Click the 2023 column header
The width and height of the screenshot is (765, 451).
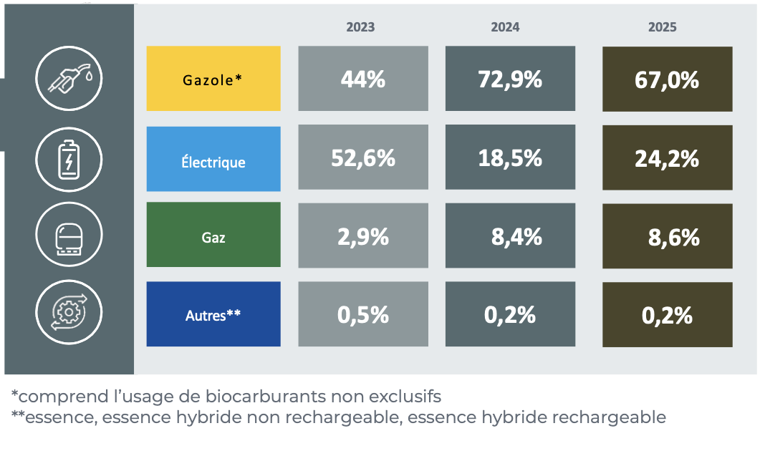click(x=360, y=27)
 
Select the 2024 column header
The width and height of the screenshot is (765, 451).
click(x=505, y=27)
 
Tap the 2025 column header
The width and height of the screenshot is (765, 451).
click(x=662, y=27)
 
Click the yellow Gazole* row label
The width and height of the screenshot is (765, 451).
click(x=213, y=79)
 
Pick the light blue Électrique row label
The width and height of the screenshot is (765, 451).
click(x=213, y=160)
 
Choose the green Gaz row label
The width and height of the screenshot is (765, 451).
click(x=213, y=235)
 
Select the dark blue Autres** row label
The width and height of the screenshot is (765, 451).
click(x=213, y=314)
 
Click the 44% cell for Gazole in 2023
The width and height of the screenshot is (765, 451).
click(x=363, y=79)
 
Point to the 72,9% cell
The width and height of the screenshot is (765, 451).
click(x=510, y=79)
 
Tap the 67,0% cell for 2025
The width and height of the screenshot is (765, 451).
click(x=667, y=79)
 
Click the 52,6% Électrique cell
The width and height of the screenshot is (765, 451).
click(x=363, y=158)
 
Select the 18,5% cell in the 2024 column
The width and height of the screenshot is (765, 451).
click(x=510, y=158)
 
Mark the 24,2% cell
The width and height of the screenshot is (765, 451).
click(x=667, y=158)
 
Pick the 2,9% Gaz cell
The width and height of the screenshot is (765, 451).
click(x=363, y=236)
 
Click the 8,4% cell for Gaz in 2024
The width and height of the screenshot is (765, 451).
click(x=510, y=236)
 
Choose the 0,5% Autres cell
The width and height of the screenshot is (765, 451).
click(x=363, y=314)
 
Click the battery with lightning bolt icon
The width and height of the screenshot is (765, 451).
click(x=69, y=159)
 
